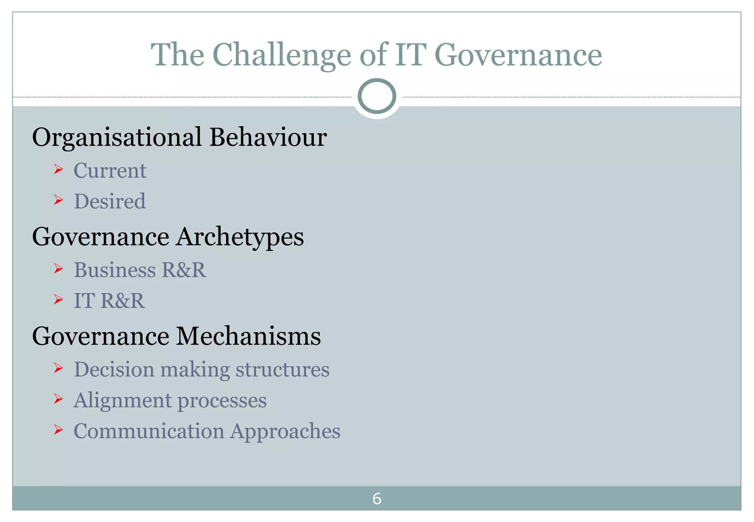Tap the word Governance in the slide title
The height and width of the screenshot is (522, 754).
(518, 55)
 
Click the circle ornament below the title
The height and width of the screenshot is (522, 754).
(377, 96)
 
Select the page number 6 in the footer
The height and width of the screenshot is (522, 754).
(377, 499)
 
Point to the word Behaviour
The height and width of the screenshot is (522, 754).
(268, 137)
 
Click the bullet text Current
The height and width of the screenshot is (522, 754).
(110, 170)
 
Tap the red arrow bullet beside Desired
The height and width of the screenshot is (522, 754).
(58, 200)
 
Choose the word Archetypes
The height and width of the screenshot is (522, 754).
(240, 237)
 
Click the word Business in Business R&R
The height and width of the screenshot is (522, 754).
(114, 270)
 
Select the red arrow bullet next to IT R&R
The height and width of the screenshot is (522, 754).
(58, 300)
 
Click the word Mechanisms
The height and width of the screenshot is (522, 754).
(249, 336)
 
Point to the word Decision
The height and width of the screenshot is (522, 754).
(114, 369)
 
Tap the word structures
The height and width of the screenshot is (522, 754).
(282, 370)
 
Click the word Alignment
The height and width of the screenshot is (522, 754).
(122, 401)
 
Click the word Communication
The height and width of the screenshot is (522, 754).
(149, 431)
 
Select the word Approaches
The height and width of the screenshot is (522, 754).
(285, 431)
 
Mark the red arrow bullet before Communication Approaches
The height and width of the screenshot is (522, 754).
(58, 429)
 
